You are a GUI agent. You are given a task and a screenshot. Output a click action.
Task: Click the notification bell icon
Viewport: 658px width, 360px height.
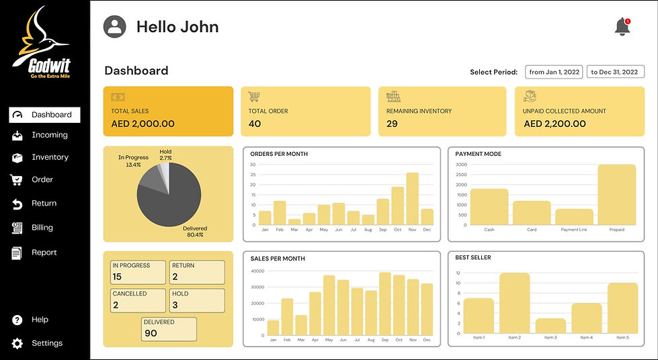622,27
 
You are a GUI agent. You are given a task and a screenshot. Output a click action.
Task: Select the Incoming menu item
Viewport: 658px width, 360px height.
49,135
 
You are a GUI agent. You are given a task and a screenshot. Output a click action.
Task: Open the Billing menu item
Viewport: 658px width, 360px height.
42,228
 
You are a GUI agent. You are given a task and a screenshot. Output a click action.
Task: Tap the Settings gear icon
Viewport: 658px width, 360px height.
17,343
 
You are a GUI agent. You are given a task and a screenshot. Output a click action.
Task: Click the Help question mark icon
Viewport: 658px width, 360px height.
17,320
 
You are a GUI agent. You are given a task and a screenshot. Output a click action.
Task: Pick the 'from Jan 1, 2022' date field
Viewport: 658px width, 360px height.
554,72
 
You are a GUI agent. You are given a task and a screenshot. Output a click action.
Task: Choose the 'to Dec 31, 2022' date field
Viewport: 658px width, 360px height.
614,72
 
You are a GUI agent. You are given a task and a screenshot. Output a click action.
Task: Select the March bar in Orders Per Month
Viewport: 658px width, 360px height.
294,222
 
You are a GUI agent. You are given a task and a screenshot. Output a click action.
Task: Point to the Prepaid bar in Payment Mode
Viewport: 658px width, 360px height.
616,195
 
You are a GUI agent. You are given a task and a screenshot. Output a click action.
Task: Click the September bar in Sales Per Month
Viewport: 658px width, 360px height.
385,303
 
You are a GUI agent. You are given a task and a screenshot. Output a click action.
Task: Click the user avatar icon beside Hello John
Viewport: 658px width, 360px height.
115,27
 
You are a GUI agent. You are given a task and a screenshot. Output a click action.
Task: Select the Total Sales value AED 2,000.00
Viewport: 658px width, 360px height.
142,124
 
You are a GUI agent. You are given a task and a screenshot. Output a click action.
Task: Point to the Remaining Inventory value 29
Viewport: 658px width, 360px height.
392,124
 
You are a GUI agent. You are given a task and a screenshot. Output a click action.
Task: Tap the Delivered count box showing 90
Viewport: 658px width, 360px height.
169,328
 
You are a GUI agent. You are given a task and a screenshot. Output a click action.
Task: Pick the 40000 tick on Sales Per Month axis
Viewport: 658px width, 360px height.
258,271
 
